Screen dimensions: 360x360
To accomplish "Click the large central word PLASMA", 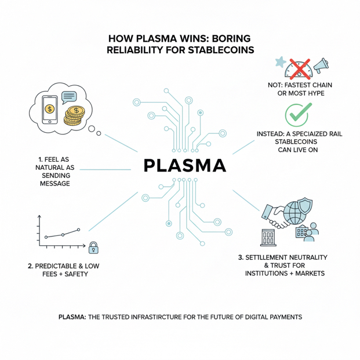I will [184, 166].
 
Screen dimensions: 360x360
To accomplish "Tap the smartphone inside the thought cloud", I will [51, 108].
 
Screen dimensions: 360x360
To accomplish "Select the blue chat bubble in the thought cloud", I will [68, 97].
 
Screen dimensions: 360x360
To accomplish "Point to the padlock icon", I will [93, 249].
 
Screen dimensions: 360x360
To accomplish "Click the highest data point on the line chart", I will [78, 230].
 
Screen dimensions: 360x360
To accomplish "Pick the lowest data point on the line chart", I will [46, 238].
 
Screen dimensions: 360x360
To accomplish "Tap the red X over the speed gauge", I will [300, 68].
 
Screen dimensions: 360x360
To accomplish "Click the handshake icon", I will [276, 216].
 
